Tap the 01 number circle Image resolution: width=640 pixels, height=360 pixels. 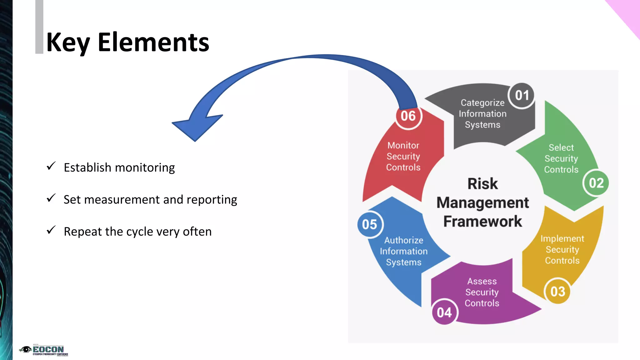(x=522, y=95)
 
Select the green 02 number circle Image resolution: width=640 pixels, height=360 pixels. (x=596, y=183)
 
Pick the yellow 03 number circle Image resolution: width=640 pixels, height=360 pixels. (x=557, y=292)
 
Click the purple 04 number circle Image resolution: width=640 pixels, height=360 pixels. (x=444, y=312)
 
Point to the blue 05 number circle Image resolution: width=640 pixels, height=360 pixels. (x=369, y=224)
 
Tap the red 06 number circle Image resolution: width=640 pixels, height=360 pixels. (x=408, y=116)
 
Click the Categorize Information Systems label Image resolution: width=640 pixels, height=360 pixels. (x=482, y=114)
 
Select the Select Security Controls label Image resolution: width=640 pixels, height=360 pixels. (x=561, y=158)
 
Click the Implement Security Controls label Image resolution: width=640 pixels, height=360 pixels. (x=562, y=249)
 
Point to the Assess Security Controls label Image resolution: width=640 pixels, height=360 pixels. (x=482, y=292)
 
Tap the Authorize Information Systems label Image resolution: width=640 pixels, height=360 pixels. (x=404, y=251)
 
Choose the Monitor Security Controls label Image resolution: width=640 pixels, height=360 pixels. (x=403, y=156)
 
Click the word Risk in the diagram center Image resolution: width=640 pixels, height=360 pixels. (x=482, y=184)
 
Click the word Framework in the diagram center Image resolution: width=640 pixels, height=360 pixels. (x=482, y=222)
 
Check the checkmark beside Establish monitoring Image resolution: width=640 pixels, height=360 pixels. (x=51, y=166)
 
